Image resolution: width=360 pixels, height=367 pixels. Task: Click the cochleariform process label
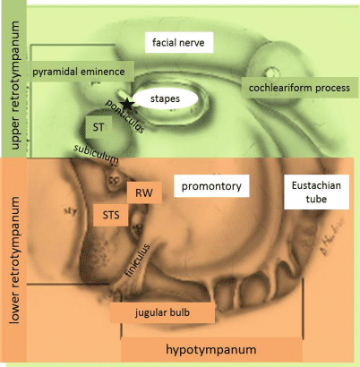(299, 87)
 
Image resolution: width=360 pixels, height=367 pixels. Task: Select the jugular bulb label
(162, 312)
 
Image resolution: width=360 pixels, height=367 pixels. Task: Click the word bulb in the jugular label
(184, 312)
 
